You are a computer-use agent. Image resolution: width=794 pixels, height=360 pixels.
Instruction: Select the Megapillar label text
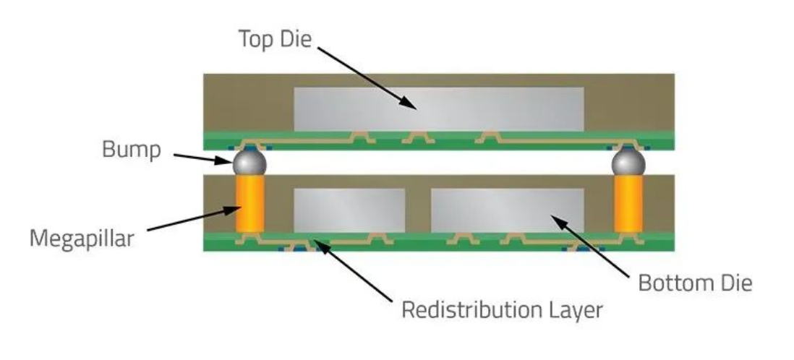[x=82, y=238]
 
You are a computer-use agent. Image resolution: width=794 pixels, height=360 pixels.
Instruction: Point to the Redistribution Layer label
[x=502, y=311]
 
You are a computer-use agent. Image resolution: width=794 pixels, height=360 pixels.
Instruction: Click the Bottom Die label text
[x=695, y=283]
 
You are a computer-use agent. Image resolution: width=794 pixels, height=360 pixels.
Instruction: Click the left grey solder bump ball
[x=249, y=162]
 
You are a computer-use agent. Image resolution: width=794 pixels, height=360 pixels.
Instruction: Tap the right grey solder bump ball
[x=628, y=162]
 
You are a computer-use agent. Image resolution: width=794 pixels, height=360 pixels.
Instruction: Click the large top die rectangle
[x=439, y=109]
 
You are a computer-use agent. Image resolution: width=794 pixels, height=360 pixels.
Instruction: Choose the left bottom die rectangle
[x=349, y=210]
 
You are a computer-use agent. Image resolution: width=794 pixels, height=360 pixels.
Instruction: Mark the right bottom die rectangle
[x=507, y=210]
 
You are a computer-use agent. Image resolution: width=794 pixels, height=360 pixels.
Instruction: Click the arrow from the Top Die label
[x=365, y=79]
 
